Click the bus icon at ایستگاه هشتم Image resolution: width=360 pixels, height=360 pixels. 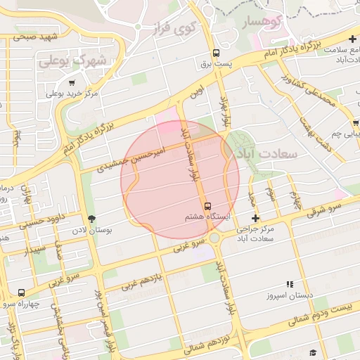(x=207, y=206)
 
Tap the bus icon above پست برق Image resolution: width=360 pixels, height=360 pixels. (x=216, y=53)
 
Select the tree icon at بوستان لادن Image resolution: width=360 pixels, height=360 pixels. (x=91, y=219)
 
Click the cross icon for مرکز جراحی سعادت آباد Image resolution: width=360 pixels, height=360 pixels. (x=255, y=218)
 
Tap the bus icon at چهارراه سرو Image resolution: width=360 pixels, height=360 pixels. (x=21, y=292)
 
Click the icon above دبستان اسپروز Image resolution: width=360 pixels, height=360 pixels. (x=290, y=285)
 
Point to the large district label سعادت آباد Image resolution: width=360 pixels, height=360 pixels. (x=268, y=153)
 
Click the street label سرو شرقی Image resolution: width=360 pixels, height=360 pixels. (x=324, y=209)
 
